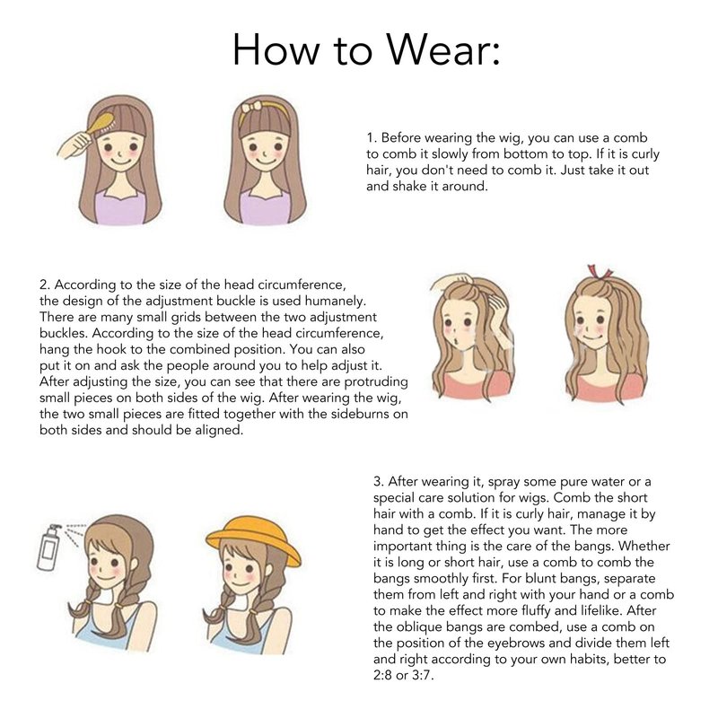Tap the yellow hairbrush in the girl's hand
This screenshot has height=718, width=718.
point(101,124)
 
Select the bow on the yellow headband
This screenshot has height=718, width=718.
point(251,108)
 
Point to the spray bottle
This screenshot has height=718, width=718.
point(49,547)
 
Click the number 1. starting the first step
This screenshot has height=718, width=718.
point(371,138)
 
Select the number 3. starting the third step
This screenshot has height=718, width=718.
point(378,482)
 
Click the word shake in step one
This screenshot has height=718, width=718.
point(409,187)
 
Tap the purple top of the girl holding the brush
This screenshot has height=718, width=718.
point(119,207)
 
